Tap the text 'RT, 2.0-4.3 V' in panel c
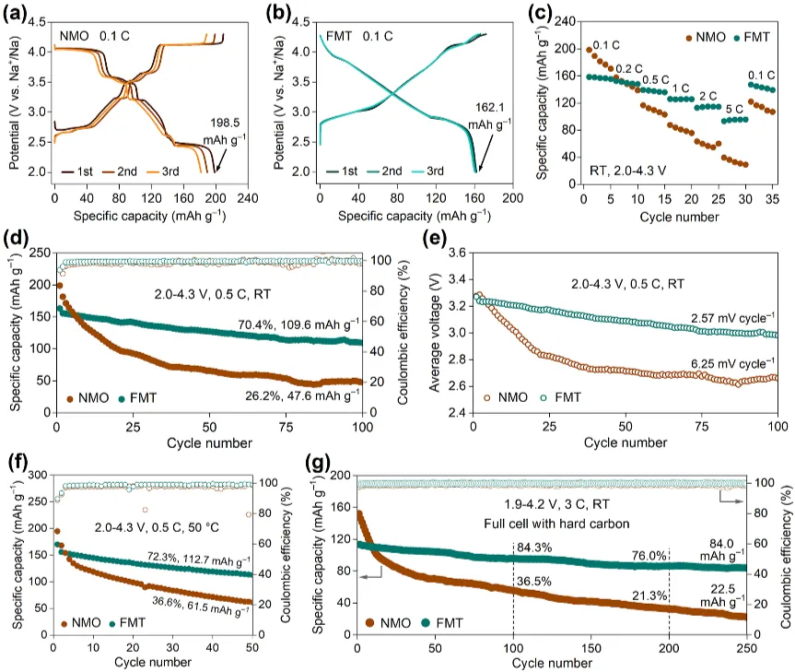click(634, 171)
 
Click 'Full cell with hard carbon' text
click(551, 524)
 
